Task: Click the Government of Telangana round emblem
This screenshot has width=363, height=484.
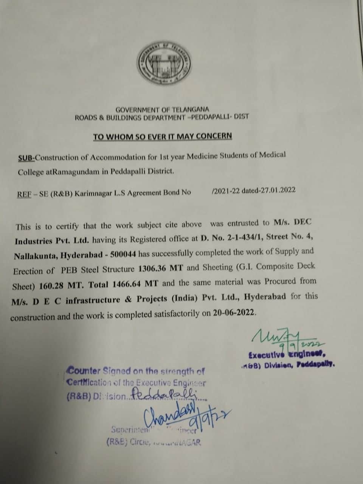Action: click(164, 63)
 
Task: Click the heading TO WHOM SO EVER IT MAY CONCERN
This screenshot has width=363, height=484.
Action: click(163, 136)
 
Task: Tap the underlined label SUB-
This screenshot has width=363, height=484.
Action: click(26, 157)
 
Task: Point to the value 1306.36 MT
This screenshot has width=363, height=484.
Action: click(161, 268)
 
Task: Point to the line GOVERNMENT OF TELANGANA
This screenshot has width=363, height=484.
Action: click(162, 109)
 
